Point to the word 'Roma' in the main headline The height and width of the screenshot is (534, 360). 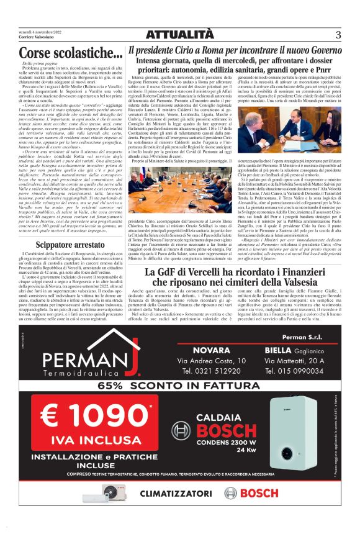click(x=210, y=50)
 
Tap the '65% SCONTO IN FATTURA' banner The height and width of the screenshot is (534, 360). click(x=180, y=385)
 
